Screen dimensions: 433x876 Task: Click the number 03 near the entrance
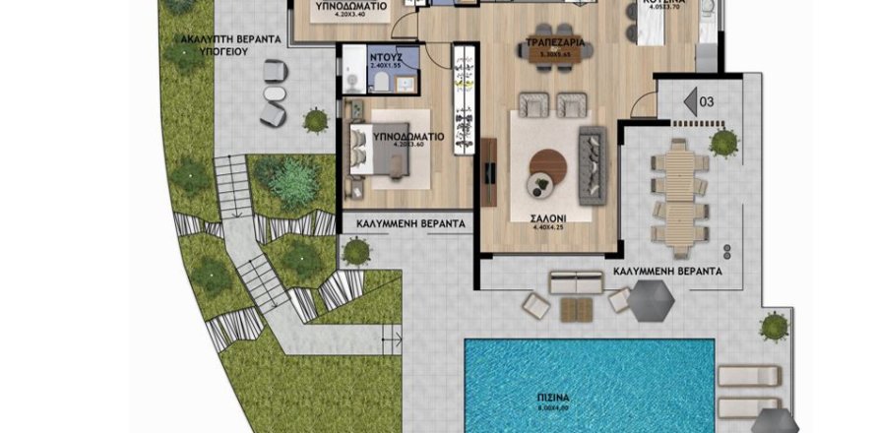[x=705, y=100]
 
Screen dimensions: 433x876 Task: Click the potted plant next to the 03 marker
[x=723, y=143]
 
